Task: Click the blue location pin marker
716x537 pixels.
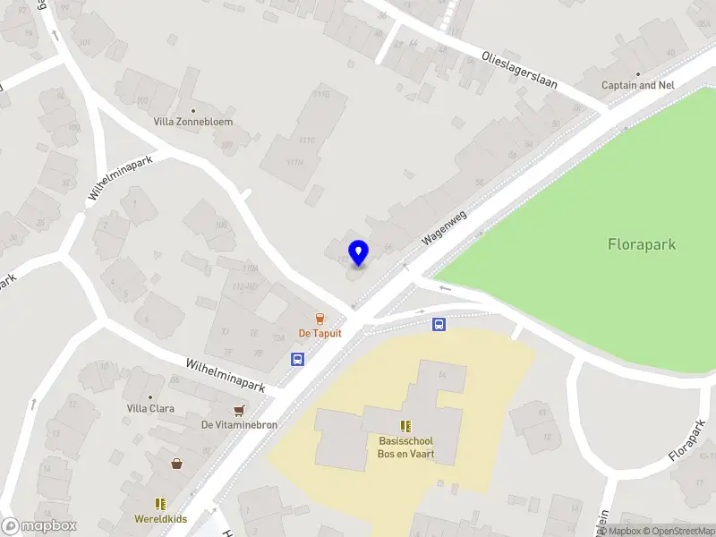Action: click(358, 253)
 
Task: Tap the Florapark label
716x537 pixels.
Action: click(642, 243)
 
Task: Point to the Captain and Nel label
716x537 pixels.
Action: click(637, 85)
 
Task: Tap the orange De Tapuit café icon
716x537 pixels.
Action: click(319, 318)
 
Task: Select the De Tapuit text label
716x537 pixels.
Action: click(320, 333)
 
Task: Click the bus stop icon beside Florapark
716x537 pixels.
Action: click(439, 325)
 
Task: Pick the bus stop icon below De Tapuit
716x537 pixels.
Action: click(297, 359)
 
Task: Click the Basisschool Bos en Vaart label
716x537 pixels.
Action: click(405, 447)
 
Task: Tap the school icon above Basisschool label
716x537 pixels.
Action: click(405, 425)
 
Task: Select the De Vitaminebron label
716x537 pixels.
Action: click(239, 425)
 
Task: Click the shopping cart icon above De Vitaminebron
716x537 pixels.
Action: click(239, 411)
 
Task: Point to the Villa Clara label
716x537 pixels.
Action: click(150, 408)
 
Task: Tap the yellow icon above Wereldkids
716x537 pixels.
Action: click(161, 504)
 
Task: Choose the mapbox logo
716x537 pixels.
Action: click(39, 526)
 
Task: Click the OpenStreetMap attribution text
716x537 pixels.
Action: click(678, 531)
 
